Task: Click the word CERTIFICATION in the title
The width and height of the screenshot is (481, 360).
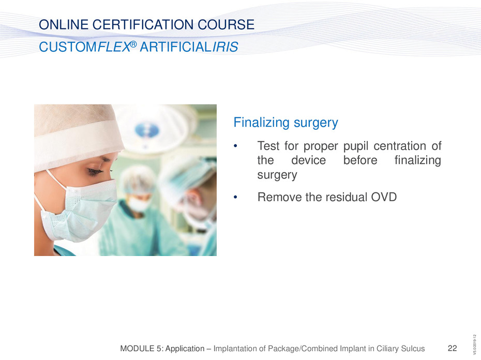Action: click(143, 24)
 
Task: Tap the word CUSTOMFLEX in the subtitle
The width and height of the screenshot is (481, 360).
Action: click(85, 47)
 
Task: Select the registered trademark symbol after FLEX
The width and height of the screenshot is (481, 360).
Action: click(133, 44)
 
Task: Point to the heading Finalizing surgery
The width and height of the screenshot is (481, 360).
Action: click(285, 123)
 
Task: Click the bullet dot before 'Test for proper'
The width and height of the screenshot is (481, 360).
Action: click(236, 146)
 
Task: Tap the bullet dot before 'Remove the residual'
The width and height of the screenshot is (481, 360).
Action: click(236, 198)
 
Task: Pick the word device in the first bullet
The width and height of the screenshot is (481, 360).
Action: click(308, 160)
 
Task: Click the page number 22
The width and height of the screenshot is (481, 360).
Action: click(452, 348)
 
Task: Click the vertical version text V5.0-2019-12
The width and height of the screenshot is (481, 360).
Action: click(475, 345)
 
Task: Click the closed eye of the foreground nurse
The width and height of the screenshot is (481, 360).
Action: click(95, 171)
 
